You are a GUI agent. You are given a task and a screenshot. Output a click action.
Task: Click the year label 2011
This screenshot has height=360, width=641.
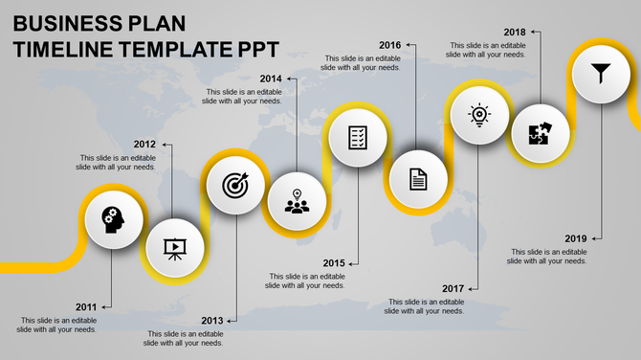(x=86, y=307)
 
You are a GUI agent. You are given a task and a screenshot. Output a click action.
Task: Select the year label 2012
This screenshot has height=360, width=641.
(x=144, y=145)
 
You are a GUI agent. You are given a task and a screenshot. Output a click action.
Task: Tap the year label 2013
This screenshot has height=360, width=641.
(x=212, y=321)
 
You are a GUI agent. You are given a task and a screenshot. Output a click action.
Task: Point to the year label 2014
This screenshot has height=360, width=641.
(x=271, y=79)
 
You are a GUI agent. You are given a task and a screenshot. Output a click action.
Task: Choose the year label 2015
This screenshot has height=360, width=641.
(x=334, y=263)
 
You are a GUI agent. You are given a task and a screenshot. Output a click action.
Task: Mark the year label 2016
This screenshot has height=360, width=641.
(x=389, y=45)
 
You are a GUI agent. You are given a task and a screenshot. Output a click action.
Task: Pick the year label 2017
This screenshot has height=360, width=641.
(x=453, y=288)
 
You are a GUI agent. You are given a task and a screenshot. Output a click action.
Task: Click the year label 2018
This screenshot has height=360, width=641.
(x=515, y=32)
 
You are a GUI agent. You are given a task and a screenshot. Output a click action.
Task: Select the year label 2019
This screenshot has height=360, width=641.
(x=576, y=238)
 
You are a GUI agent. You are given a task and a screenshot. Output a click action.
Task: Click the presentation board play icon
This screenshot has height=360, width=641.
(x=174, y=249)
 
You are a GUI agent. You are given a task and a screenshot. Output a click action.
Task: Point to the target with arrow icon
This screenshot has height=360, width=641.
(x=234, y=185)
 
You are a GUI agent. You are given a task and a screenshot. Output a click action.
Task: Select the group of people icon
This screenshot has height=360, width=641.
(x=297, y=203)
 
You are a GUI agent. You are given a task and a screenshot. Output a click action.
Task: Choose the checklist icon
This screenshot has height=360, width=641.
(x=357, y=137)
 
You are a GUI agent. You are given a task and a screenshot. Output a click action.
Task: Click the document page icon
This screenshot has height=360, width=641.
(x=418, y=178)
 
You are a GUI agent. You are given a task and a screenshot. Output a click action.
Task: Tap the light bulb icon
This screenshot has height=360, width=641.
(x=478, y=115)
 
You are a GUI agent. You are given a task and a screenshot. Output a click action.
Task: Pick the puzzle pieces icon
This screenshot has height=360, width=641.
(x=539, y=134)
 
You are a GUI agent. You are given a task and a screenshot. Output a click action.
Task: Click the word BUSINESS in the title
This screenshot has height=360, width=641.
(x=66, y=23)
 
